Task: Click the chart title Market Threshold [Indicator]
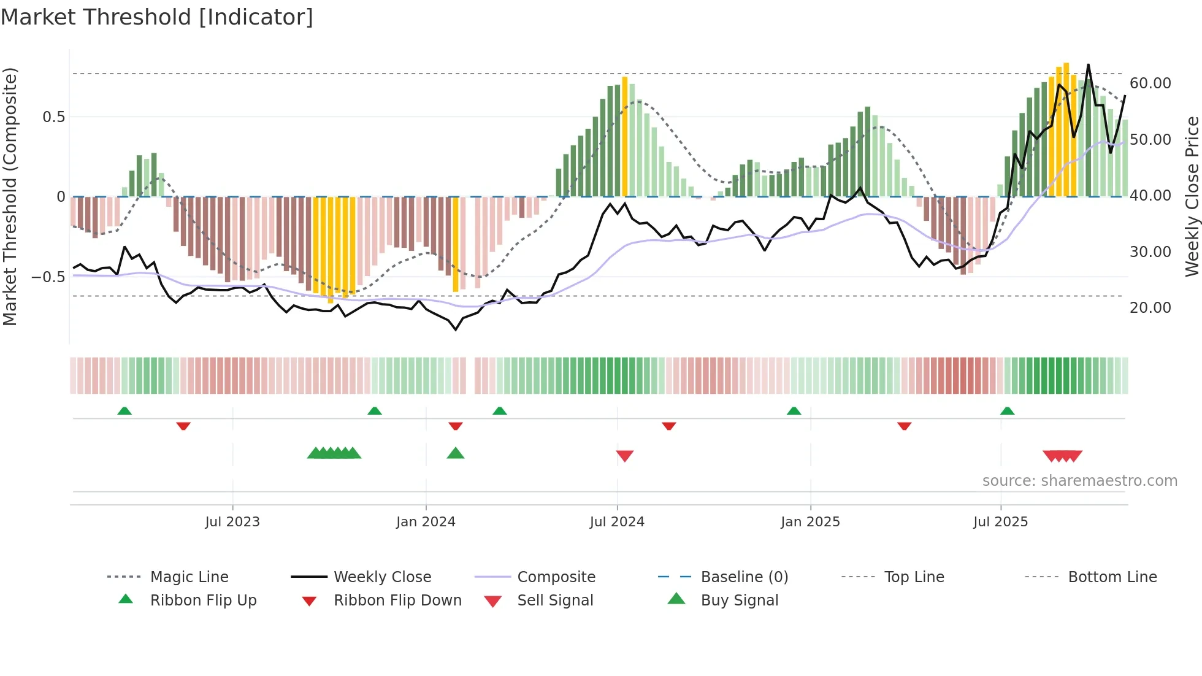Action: pos(157,17)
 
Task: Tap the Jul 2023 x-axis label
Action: pos(232,522)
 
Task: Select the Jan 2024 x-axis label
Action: pos(426,522)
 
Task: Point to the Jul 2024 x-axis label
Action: pos(617,522)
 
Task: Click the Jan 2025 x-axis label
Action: pos(810,522)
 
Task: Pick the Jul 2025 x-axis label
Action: pos(1000,522)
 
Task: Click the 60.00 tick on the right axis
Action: pos(1150,83)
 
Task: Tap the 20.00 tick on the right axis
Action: pos(1150,308)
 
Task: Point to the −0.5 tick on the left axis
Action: pos(48,277)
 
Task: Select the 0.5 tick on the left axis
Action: pos(53,117)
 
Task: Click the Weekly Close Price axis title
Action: pos(1192,196)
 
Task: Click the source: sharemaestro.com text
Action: pos(1079,481)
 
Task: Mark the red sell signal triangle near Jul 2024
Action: pos(624,456)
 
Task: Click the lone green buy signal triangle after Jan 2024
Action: pos(456,453)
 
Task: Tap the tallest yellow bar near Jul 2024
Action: pos(625,136)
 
